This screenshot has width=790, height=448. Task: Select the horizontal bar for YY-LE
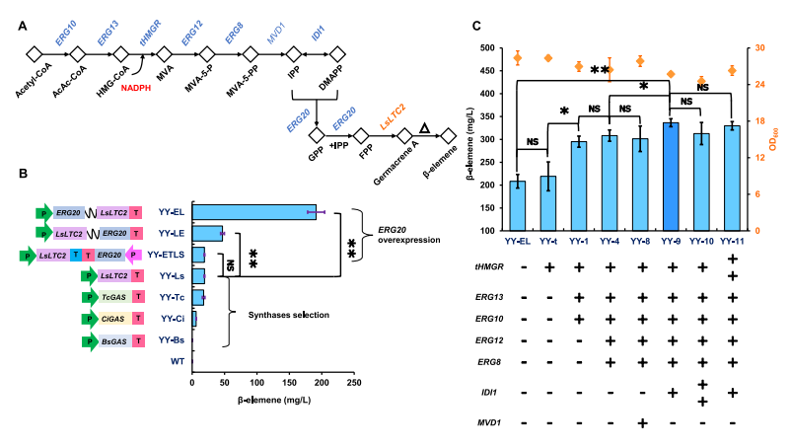coord(207,233)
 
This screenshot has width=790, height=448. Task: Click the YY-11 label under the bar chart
coord(733,240)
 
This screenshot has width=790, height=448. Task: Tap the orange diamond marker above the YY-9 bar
coord(671,74)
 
